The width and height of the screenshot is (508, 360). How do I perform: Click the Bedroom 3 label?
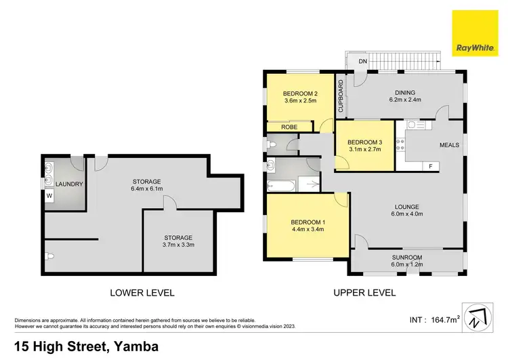(x=365, y=142)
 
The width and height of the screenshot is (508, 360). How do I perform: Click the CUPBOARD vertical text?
(x=341, y=96)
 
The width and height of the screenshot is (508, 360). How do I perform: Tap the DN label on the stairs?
(x=363, y=62)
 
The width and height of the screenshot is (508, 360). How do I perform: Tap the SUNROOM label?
(x=406, y=258)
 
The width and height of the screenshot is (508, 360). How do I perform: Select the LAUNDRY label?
(x=68, y=184)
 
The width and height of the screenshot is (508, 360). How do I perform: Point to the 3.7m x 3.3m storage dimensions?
(x=177, y=246)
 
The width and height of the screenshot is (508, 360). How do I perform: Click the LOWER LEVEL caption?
(x=142, y=293)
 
